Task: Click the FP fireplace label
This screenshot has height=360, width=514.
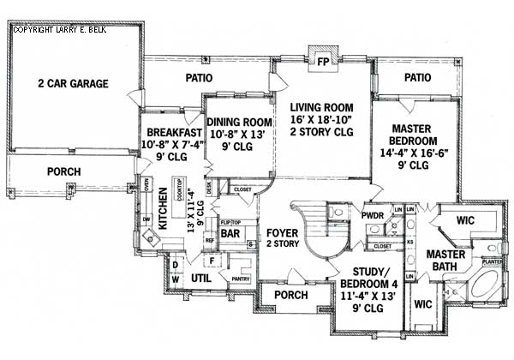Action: (323, 63)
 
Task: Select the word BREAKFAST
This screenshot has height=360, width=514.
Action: (173, 133)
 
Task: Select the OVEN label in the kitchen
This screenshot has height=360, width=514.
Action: (146, 186)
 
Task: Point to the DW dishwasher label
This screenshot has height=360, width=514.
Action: (146, 221)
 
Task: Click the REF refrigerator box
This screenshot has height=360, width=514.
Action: (209, 242)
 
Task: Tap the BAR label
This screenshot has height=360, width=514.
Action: (230, 233)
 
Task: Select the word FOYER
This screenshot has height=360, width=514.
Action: (282, 232)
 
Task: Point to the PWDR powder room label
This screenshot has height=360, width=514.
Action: (371, 215)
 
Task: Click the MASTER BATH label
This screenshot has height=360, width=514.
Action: (445, 261)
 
